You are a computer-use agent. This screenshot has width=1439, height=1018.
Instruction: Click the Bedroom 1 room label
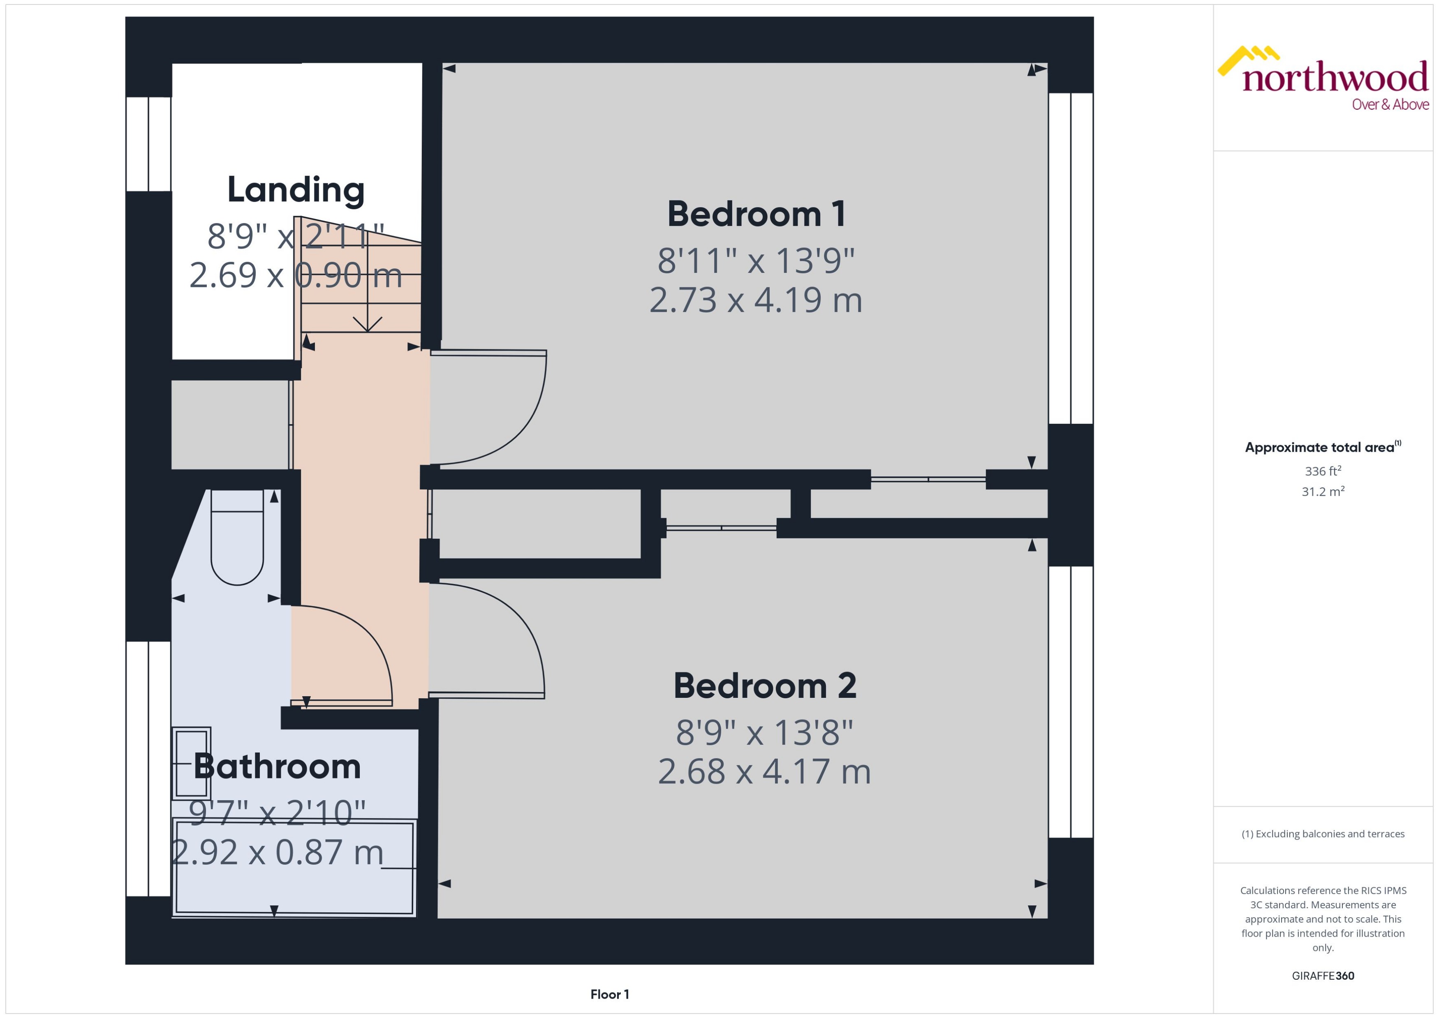point(756,215)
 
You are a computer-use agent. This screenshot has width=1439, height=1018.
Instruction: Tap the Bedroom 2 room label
point(764,686)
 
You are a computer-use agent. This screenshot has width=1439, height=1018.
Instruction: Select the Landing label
point(295,190)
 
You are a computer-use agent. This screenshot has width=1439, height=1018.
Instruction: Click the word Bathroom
point(277,766)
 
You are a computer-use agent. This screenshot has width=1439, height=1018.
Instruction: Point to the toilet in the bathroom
point(237,539)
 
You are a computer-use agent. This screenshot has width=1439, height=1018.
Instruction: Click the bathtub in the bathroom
point(294,868)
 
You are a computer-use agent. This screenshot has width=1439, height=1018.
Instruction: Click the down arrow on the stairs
point(368,323)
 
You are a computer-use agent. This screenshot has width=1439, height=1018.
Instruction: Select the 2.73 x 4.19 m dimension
point(756,300)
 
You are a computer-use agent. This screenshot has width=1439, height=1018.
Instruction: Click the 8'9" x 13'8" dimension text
point(764,732)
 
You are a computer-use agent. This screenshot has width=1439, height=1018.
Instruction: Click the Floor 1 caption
point(609,994)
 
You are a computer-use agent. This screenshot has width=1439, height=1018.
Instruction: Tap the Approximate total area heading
point(1320,448)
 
